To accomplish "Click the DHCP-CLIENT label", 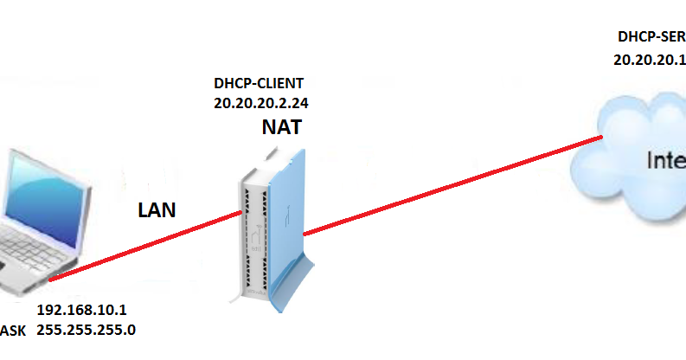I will (x=259, y=85).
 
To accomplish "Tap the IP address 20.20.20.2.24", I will (x=261, y=102).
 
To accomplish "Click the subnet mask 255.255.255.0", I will (x=86, y=330).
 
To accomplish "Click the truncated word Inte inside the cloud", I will (x=666, y=160).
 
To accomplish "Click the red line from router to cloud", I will (x=450, y=185).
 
